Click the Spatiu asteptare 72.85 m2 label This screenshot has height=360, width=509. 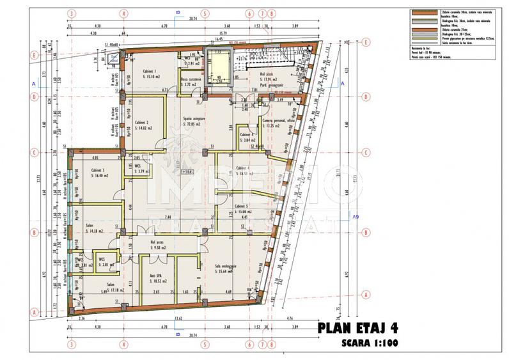coord(196,121)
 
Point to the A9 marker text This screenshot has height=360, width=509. coord(356,218)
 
